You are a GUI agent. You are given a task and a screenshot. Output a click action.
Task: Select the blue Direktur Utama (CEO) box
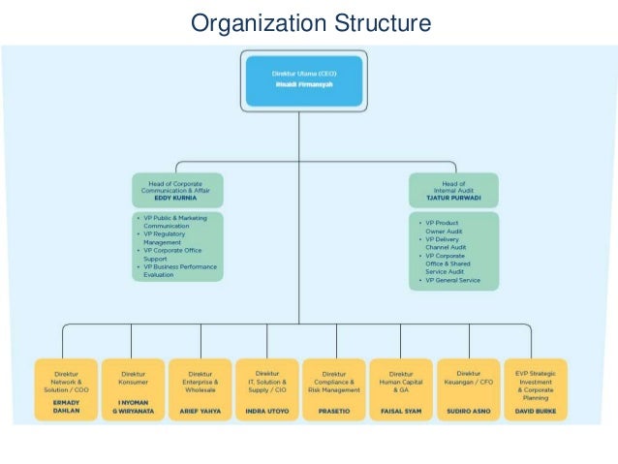303,79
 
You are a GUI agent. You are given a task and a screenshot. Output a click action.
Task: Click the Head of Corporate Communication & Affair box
177,190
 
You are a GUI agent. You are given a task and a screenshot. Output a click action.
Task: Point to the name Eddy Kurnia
177,199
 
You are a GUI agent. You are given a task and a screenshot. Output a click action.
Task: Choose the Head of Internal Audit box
453,190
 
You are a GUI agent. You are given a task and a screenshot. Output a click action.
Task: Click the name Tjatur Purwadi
453,199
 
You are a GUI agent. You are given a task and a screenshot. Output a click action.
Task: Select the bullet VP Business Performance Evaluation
178,270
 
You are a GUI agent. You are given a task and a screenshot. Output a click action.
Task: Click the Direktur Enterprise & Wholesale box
201,387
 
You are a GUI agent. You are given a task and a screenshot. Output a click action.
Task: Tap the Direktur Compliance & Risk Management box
334,387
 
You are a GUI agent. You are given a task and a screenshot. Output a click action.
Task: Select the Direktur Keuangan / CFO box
468,387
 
